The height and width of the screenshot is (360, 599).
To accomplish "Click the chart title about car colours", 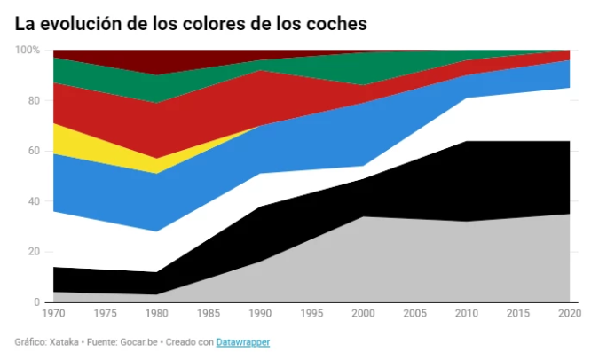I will [x=191, y=23].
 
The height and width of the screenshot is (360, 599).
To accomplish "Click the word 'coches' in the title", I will [x=336, y=23].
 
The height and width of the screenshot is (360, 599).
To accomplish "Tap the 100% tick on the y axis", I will [x=28, y=51].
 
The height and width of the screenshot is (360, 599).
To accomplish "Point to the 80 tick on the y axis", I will [x=34, y=100].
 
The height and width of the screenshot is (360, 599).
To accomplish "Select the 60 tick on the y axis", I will [x=34, y=151].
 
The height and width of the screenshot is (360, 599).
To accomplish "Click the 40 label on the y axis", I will [x=34, y=201].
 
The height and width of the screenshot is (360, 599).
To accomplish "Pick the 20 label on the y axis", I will [x=34, y=252].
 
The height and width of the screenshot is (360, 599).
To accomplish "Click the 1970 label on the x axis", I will [x=53, y=314].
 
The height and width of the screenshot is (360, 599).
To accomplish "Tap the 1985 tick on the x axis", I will [x=209, y=314].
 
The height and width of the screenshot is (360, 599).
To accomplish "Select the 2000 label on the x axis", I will [x=363, y=314].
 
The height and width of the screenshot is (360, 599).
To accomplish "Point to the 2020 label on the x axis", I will [x=568, y=314].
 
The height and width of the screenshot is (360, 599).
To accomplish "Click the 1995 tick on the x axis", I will [x=311, y=314].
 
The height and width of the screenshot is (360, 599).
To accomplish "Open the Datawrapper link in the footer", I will [x=243, y=342].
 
